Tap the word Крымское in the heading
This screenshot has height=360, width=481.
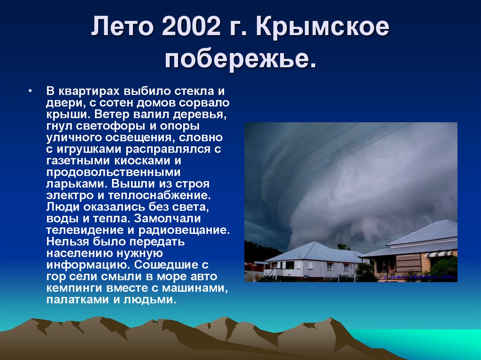coord(323,29)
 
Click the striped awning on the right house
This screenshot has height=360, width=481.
coord(437,253)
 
